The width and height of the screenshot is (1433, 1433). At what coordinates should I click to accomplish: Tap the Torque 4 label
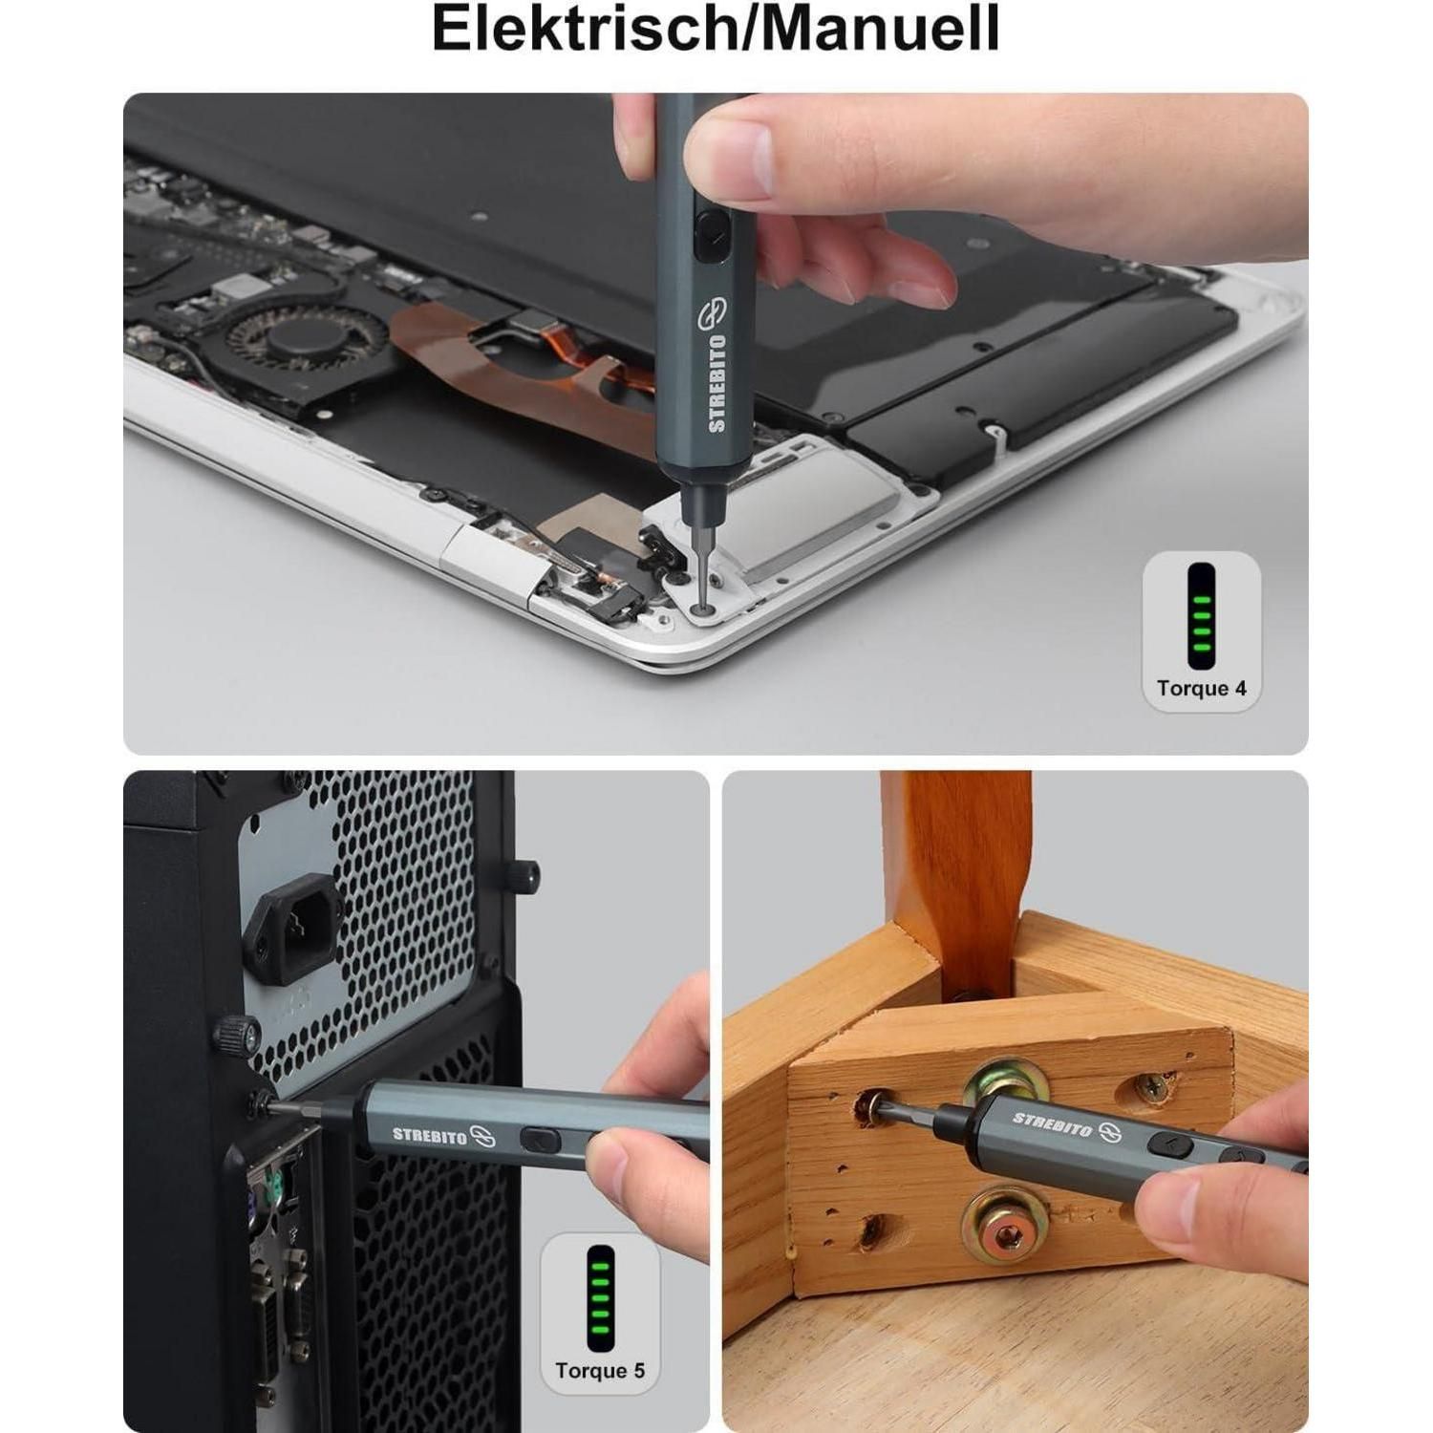(1201, 688)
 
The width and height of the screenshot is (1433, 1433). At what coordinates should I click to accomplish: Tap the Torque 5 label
(600, 1371)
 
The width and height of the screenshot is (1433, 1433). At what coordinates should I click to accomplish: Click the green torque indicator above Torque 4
(1201, 616)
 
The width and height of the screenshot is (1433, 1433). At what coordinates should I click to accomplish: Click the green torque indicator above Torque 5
(600, 1297)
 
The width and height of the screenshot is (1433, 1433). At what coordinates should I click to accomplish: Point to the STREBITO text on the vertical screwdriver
(717, 383)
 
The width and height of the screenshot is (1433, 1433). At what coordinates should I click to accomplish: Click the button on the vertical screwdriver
(709, 237)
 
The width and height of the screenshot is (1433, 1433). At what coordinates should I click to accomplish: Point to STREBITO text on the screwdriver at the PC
(430, 1135)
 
